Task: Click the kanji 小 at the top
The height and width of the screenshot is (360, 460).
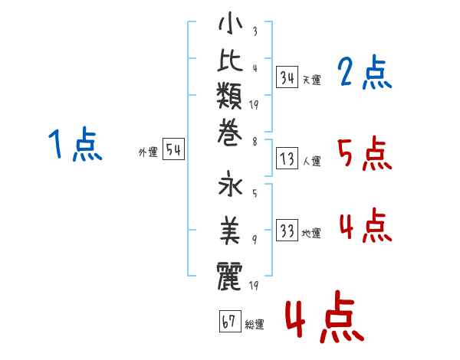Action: click(230, 25)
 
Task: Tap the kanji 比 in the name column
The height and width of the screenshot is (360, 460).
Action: click(230, 64)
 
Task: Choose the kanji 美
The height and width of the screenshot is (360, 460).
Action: click(230, 227)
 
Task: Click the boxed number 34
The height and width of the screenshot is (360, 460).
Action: click(287, 77)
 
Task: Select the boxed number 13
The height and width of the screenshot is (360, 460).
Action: click(287, 159)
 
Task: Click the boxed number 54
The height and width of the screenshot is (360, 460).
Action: click(174, 150)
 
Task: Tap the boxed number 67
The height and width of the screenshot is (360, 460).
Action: click(229, 321)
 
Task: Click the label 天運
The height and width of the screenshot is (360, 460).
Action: click(311, 80)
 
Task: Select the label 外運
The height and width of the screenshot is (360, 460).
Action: click(148, 152)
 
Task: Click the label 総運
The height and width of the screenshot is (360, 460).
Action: click(255, 324)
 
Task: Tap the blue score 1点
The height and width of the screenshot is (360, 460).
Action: click(74, 146)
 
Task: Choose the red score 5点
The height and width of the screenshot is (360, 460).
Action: click(363, 155)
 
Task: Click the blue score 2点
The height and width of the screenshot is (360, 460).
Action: click(363, 74)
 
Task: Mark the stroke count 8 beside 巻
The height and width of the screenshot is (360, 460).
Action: click(255, 141)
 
